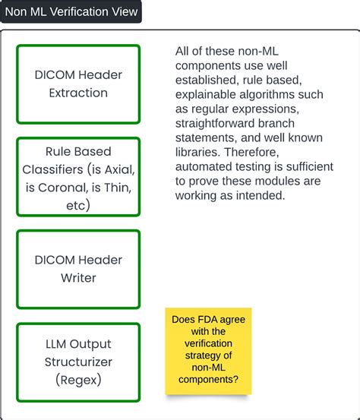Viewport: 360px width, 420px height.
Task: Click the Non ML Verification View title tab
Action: [71, 11]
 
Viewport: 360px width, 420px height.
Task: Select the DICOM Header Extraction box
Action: [78, 84]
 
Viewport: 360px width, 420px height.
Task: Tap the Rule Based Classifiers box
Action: [78, 177]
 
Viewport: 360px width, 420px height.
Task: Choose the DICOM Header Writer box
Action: [78, 269]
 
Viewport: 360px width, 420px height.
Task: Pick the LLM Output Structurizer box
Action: [78, 362]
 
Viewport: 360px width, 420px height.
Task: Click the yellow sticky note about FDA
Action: [208, 351]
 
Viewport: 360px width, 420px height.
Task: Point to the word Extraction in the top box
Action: [78, 93]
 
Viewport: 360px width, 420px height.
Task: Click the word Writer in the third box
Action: [78, 278]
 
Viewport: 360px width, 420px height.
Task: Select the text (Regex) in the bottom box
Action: [78, 381]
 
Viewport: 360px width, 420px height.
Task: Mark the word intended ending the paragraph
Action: [258, 195]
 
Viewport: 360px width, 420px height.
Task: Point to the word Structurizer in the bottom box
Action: [78, 362]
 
